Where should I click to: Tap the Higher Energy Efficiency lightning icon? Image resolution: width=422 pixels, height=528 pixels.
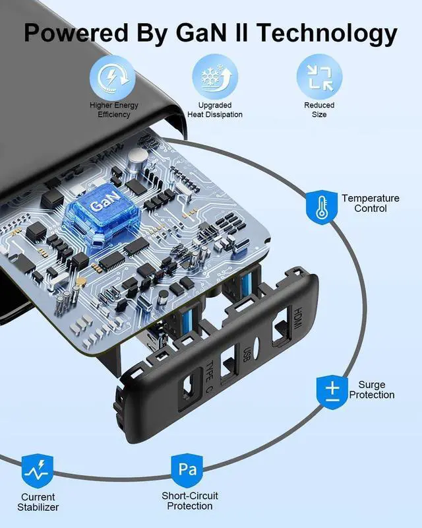[114, 77]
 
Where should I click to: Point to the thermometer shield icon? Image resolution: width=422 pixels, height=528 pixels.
[322, 205]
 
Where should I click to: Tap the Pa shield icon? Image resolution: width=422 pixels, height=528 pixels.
[187, 470]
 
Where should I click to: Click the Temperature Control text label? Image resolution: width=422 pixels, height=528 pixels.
[371, 203]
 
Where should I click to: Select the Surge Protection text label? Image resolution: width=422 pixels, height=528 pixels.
[372, 389]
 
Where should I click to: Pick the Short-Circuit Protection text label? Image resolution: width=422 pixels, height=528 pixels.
[190, 501]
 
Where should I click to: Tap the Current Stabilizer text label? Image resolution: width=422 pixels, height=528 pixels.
[38, 502]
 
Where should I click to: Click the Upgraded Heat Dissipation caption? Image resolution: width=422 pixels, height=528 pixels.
[215, 110]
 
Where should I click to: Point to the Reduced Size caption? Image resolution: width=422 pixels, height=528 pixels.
[319, 110]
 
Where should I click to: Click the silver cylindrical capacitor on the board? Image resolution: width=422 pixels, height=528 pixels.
[137, 156]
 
